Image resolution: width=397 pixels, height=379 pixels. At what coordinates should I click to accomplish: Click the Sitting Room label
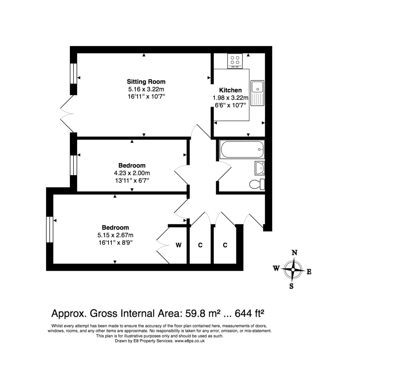click(x=146, y=82)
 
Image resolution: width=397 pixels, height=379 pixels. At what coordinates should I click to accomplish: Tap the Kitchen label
click(x=230, y=90)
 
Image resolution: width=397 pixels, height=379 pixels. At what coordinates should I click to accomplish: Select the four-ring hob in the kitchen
click(x=235, y=61)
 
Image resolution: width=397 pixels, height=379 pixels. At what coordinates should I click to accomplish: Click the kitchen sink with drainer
click(x=257, y=93)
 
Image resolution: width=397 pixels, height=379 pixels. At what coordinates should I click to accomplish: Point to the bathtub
click(x=242, y=149)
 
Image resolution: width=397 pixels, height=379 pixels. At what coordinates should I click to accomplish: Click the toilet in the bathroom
click(x=257, y=185)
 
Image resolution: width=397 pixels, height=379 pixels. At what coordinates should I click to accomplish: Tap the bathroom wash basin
click(x=260, y=168)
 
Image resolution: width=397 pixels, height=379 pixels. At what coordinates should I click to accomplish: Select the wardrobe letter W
click(x=179, y=245)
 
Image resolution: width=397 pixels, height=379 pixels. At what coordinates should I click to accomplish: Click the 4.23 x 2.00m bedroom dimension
click(x=132, y=173)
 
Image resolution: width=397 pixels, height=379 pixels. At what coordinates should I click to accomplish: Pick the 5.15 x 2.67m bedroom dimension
click(x=115, y=235)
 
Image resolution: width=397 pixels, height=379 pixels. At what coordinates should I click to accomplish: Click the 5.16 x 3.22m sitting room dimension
click(x=146, y=89)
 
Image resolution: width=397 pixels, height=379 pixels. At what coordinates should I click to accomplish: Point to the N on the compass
click(x=294, y=253)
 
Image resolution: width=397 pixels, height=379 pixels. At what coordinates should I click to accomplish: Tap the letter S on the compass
click(x=291, y=286)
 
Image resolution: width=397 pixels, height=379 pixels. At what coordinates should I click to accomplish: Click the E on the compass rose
click(x=309, y=272)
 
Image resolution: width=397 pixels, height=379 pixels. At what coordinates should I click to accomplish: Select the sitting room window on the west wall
click(x=73, y=73)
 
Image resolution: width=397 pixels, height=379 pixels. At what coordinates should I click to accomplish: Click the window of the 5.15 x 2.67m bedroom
click(x=50, y=230)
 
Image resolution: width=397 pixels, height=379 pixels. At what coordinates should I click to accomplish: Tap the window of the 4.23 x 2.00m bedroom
click(x=73, y=165)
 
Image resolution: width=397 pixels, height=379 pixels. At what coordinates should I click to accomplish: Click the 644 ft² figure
click(x=249, y=313)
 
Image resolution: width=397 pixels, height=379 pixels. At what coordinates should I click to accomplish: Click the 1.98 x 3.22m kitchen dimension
click(x=230, y=98)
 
